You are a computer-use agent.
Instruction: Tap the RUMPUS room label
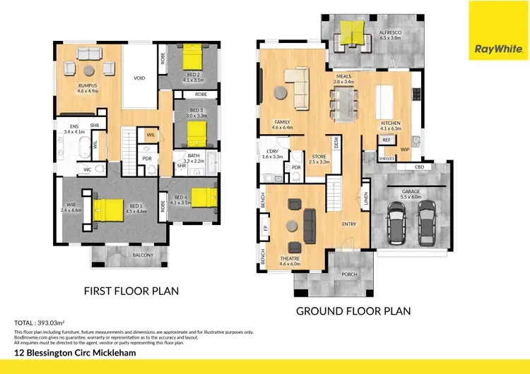click(x=87, y=85)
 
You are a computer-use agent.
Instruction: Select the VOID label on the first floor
click(x=139, y=78)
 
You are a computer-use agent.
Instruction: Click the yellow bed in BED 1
click(x=109, y=210)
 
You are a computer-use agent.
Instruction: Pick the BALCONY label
click(x=142, y=255)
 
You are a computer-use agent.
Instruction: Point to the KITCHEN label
click(x=390, y=123)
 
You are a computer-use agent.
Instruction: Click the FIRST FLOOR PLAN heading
click(x=131, y=291)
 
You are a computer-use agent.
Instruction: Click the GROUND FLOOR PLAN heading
click(x=353, y=310)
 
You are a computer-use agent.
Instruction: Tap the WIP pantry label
click(x=405, y=150)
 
